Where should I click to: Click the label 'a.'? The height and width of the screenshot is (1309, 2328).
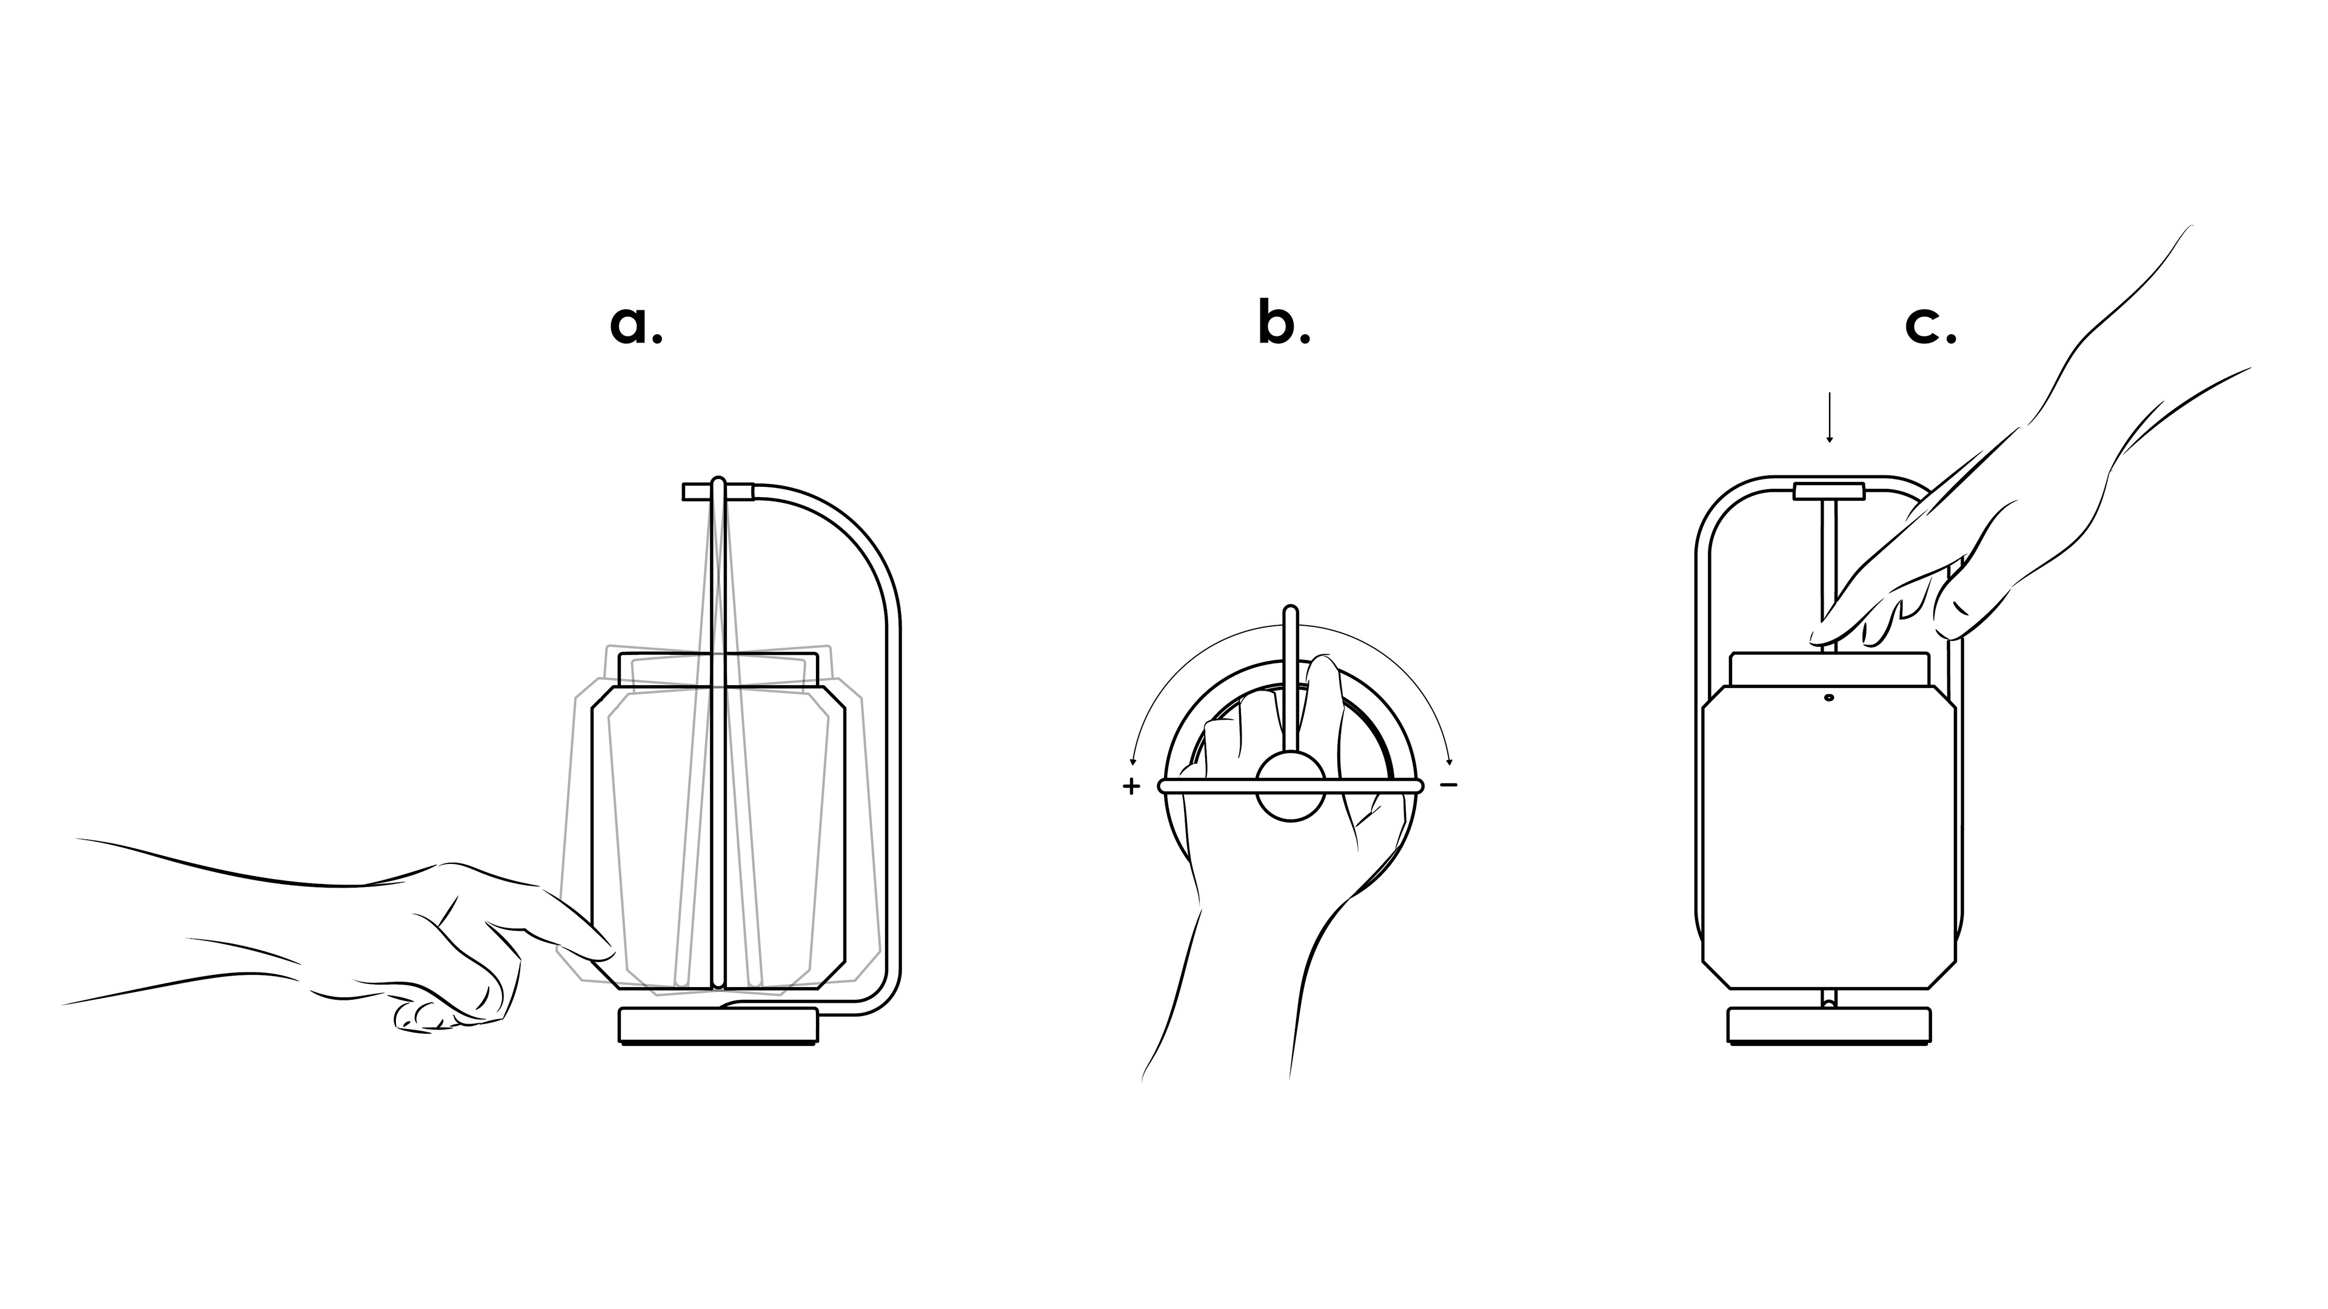tap(636, 326)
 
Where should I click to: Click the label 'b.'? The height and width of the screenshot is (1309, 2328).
tap(1283, 323)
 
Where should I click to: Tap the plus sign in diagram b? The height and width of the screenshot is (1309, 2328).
tap(1131, 786)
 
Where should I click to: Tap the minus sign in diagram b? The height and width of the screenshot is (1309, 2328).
tap(1449, 785)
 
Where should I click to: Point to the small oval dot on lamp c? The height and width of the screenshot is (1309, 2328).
tap(1829, 697)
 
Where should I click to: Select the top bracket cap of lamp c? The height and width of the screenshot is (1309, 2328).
tap(1829, 492)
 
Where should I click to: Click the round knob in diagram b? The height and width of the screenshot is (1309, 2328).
tap(1291, 788)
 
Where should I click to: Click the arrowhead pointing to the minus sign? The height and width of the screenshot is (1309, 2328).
tap(1450, 761)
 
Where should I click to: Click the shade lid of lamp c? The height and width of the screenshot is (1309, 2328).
tap(1829, 668)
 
